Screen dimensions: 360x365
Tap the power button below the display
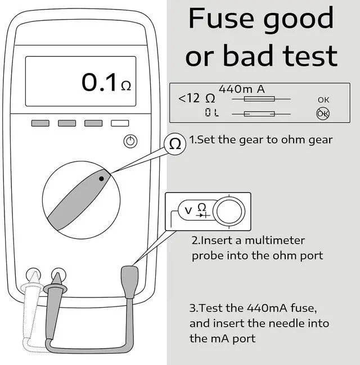point(130,141)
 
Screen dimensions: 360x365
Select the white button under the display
point(120,123)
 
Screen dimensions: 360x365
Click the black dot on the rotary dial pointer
point(101,179)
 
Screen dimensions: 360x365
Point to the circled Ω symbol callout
point(175,144)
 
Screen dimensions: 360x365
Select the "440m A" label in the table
point(241,89)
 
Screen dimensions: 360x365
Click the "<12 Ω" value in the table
point(197,98)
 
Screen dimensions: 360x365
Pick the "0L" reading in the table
point(211,113)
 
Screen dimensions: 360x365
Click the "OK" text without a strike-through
point(323,100)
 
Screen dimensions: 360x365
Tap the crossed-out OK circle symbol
point(323,113)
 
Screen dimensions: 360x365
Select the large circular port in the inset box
point(229,211)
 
